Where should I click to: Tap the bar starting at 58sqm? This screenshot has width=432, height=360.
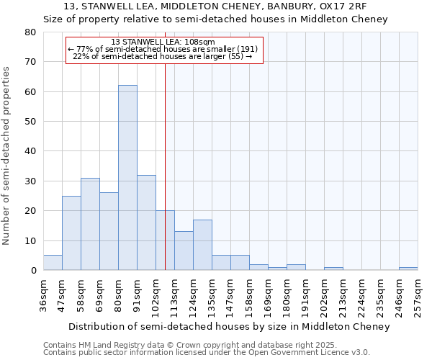coord(90,224)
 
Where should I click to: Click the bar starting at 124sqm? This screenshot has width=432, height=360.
coord(202,245)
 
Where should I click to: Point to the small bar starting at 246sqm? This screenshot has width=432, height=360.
coord(408,269)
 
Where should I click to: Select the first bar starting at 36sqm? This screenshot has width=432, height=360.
coord(53,263)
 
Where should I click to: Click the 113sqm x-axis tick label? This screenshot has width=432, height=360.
coord(175,294)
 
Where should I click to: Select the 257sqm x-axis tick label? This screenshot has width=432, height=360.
coord(418,294)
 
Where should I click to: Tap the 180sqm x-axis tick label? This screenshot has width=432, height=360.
coord(287,294)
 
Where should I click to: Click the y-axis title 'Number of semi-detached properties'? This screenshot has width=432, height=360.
coord(7,156)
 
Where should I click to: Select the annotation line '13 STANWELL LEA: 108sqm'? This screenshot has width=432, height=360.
coord(163,42)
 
